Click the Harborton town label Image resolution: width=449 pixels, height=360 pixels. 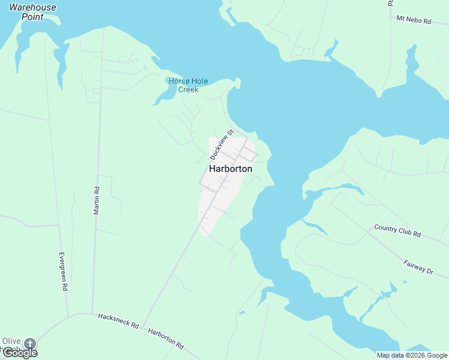231,169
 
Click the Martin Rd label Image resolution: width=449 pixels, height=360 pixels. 96,199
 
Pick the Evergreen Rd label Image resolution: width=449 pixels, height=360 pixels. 63,271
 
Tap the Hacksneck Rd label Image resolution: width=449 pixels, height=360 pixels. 118,321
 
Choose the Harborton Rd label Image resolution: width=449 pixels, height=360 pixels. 166,338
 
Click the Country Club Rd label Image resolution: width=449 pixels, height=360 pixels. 397,230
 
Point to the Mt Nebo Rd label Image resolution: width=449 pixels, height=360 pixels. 414,20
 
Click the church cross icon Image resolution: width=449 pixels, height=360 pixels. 29,344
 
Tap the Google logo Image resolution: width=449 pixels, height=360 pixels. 20,352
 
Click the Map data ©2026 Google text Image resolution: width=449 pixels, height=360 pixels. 412,355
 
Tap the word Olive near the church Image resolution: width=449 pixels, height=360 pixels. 11,341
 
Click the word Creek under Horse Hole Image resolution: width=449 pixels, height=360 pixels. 188,89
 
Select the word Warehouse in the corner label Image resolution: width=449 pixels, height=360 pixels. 32,8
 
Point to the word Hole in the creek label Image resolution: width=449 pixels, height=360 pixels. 190,81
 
